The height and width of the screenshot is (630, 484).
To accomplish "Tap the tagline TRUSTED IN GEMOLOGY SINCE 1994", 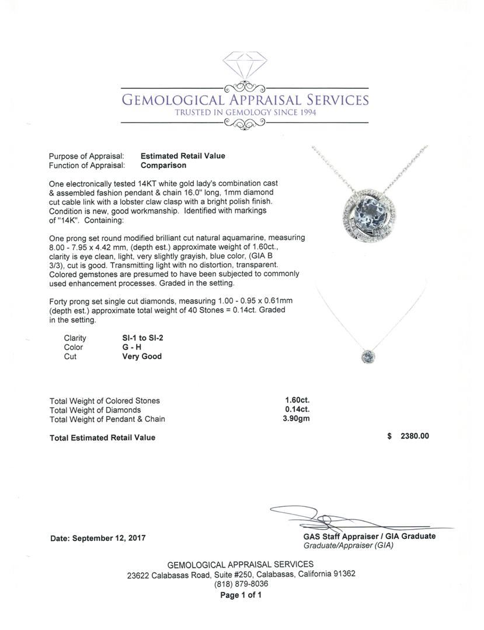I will pyautogui.click(x=245, y=113).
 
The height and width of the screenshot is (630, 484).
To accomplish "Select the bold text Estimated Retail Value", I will pyautogui.click(x=183, y=156).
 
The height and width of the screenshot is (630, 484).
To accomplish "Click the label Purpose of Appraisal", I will pyautogui.click(x=86, y=156).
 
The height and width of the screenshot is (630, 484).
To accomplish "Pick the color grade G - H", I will pyautogui.click(x=127, y=347).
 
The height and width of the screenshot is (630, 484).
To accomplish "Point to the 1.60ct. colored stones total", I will pyautogui.click(x=297, y=401).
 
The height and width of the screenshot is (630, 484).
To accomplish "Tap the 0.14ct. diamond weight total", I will pyautogui.click(x=297, y=410).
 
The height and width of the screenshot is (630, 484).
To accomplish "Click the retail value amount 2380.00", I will pyautogui.click(x=415, y=436).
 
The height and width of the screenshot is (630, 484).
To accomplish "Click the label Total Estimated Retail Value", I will pyautogui.click(x=102, y=437).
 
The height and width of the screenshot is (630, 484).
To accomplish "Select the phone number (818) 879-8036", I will pyautogui.click(x=241, y=584).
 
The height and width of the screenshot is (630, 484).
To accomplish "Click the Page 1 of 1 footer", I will pyautogui.click(x=241, y=596).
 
